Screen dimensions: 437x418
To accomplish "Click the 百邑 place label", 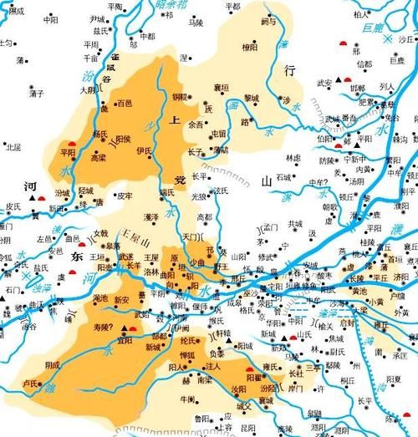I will pyautogui.click(x=125, y=103).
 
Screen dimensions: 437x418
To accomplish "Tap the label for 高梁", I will pyautogui.click(x=98, y=156).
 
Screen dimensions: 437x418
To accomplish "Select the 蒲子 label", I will pyautogui.click(x=35, y=93).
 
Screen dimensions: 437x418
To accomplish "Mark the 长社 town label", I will pyautogui.click(x=296, y=373).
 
